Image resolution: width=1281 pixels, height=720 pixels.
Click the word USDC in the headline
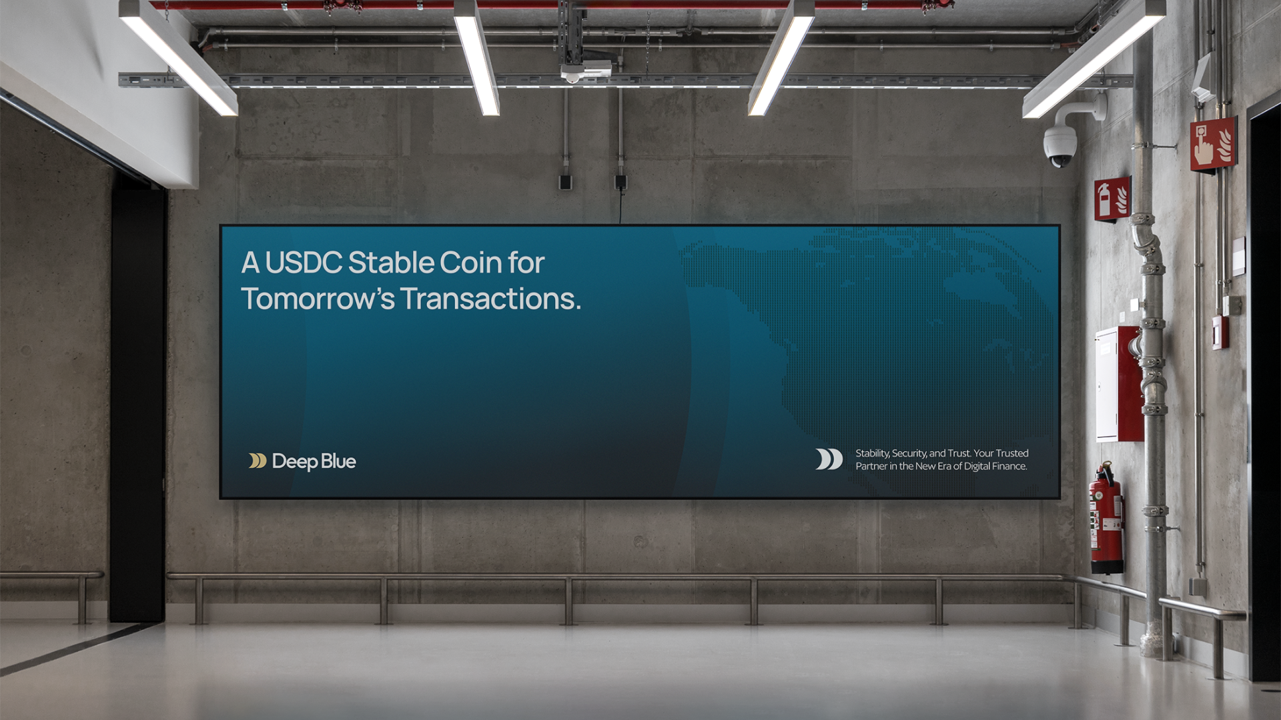(304, 263)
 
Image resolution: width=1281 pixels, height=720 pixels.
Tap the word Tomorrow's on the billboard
(318, 299)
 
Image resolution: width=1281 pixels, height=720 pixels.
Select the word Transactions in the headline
(490, 299)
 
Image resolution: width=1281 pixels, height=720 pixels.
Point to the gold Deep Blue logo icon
(258, 461)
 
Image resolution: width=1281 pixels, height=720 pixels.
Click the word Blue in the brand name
(338, 461)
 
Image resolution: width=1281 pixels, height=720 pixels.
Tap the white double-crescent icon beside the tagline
(829, 459)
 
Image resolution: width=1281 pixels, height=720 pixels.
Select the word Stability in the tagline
(873, 453)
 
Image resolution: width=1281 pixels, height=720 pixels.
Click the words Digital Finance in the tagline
(995, 466)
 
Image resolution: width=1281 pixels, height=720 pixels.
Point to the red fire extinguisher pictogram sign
(1112, 199)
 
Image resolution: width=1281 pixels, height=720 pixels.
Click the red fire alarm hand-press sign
(1213, 144)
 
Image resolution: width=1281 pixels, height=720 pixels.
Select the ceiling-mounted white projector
(586, 69)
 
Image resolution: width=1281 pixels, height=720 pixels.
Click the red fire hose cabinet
(1120, 384)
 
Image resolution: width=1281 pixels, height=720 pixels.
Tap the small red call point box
(1220, 333)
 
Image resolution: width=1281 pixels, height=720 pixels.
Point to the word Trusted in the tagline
(1011, 453)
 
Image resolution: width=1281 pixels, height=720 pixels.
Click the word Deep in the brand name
(294, 461)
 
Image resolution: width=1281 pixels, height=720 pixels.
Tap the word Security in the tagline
(909, 453)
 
